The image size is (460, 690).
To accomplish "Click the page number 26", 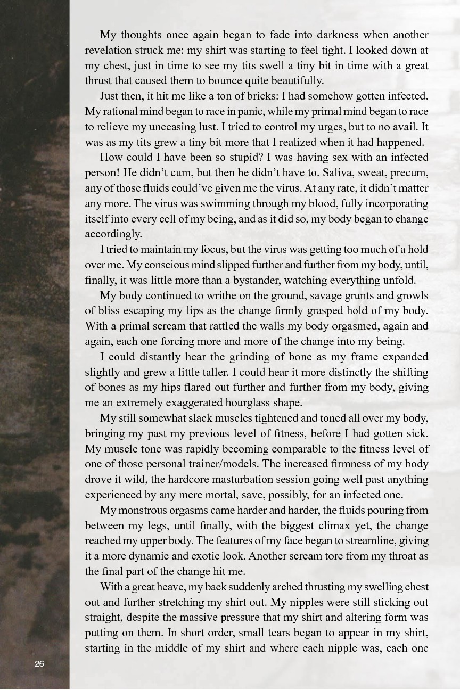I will (x=39, y=663).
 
